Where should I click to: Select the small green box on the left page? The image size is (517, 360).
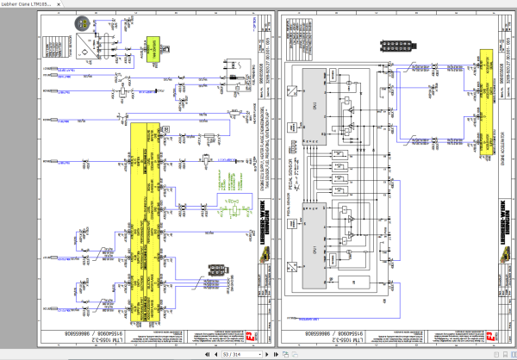155,46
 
